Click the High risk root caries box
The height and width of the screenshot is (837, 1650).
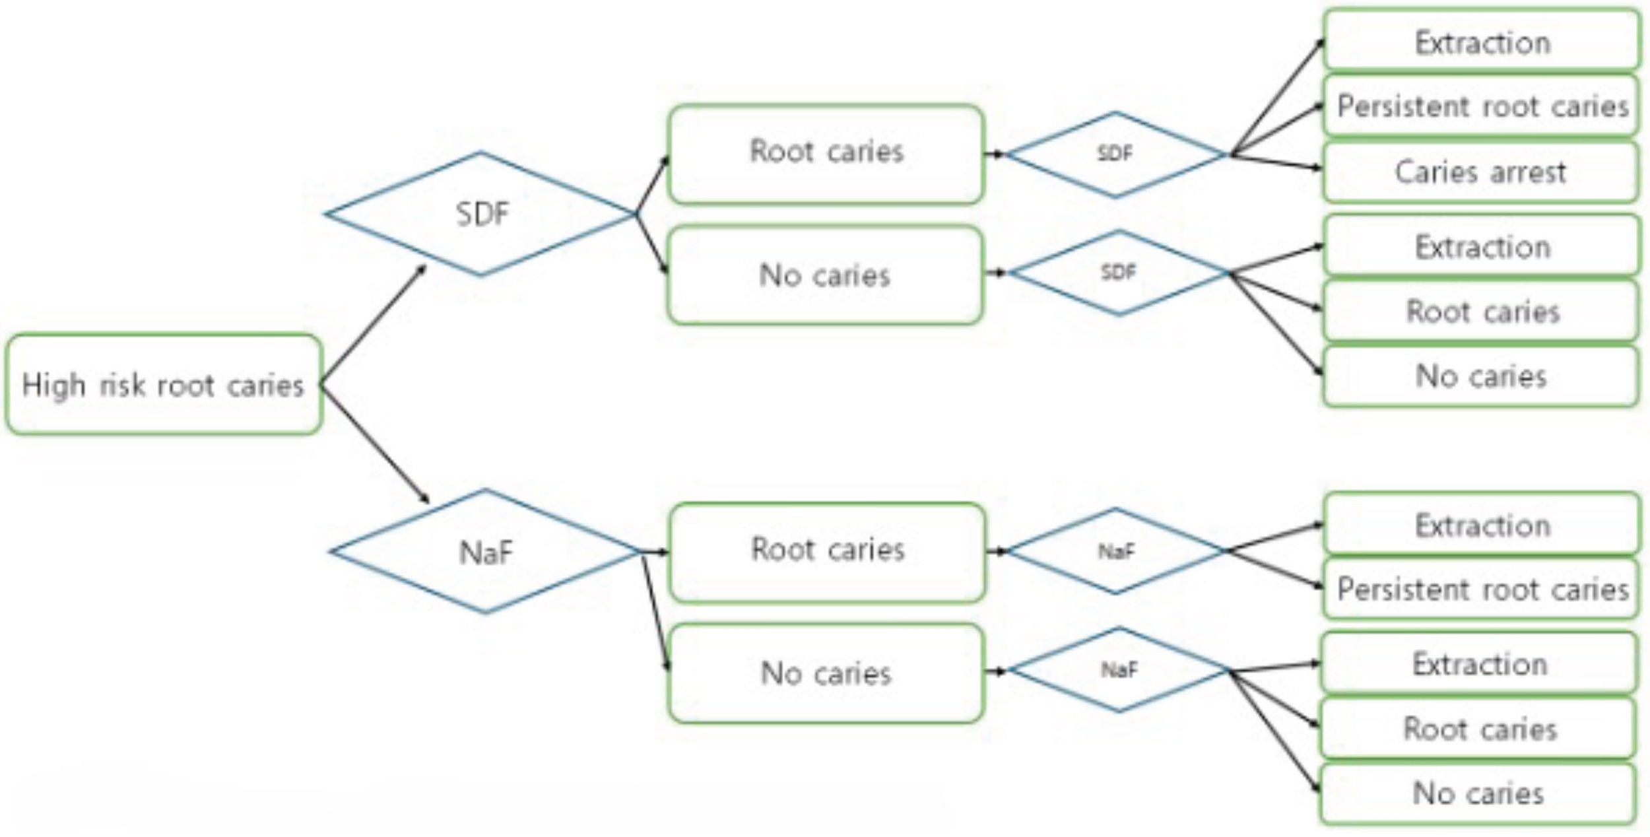[x=164, y=384]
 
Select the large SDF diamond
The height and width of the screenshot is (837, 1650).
[x=481, y=214]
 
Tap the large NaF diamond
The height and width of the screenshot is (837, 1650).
[x=485, y=551]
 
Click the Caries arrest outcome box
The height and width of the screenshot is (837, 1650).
[x=1480, y=172]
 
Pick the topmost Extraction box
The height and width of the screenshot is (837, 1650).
[x=1482, y=40]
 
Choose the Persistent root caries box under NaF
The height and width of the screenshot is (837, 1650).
[x=1482, y=589]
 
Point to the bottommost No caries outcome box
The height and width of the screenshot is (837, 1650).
[x=1478, y=794]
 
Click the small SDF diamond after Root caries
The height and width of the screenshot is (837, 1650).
[x=1115, y=154]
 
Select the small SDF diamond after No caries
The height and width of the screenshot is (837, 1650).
[x=1118, y=272]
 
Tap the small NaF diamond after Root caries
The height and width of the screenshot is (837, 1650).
[x=1115, y=551]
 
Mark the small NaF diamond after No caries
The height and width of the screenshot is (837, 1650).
[x=1119, y=670]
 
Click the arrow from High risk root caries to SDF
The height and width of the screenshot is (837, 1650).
[x=374, y=324]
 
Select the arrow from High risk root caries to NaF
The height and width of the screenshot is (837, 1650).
[x=375, y=444]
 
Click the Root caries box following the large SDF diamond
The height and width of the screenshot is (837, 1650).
[x=826, y=154]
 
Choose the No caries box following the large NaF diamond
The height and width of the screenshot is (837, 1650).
[x=826, y=673]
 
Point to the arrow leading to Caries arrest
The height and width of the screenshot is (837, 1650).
[x=1275, y=162]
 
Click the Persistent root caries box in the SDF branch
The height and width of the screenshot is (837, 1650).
[x=1482, y=106]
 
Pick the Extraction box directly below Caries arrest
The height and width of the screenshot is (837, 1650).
[x=1482, y=246]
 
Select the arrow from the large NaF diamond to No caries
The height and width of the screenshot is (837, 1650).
[x=655, y=612]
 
